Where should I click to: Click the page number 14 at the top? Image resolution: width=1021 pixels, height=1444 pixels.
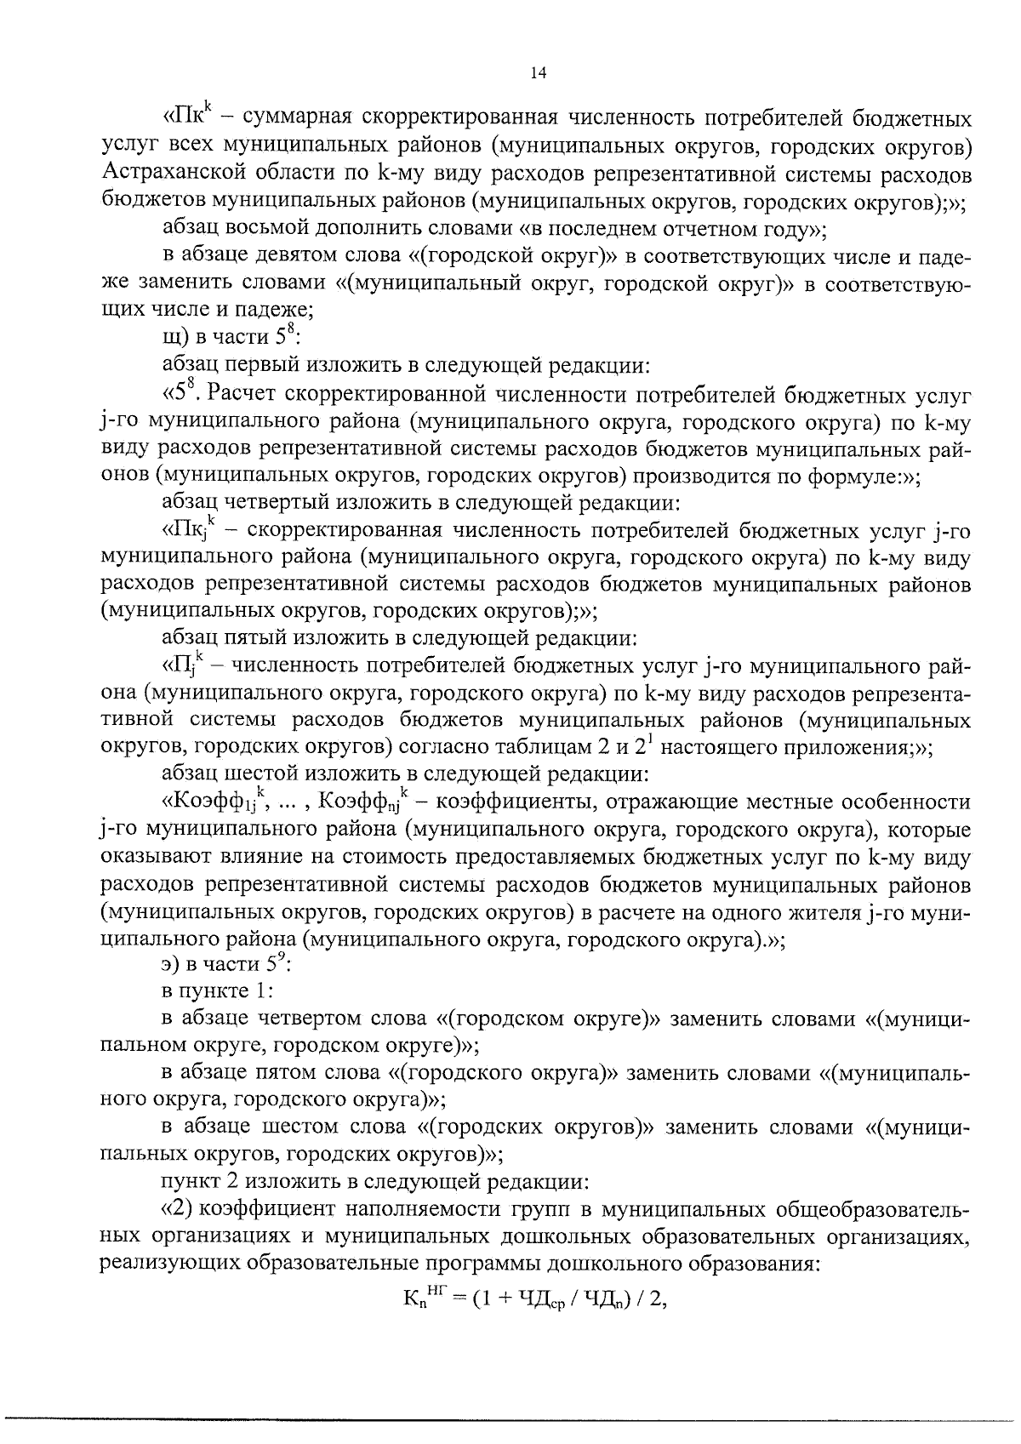pos(537,73)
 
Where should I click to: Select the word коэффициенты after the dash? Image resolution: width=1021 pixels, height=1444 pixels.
pos(512,802)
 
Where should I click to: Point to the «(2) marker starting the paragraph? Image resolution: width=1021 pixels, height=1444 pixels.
pos(180,1209)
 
